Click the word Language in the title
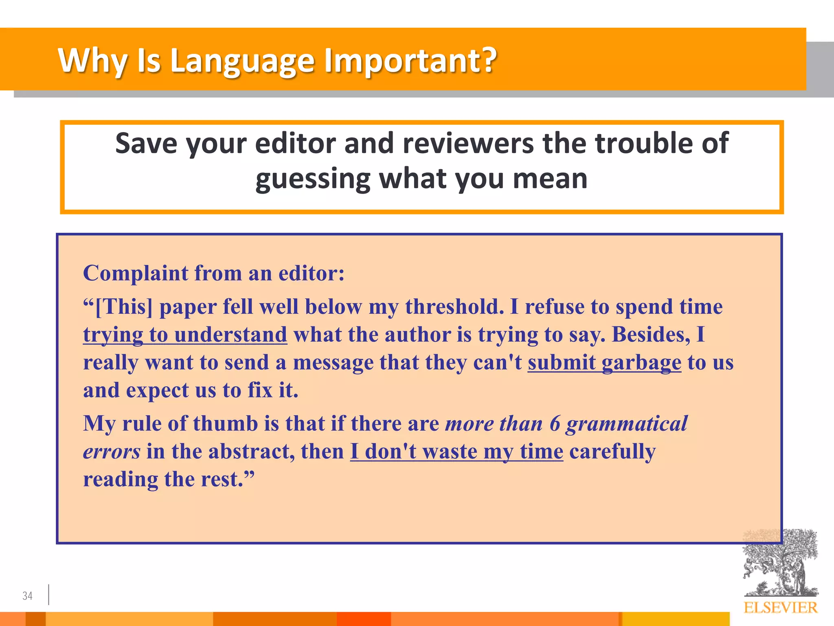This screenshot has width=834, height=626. (x=242, y=61)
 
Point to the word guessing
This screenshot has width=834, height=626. (x=313, y=179)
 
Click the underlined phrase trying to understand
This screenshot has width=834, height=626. (x=185, y=335)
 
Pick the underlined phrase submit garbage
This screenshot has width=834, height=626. (x=604, y=363)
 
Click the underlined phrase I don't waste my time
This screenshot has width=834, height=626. (x=457, y=452)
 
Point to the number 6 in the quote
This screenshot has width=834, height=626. (x=555, y=424)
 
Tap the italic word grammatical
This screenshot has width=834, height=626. (x=627, y=424)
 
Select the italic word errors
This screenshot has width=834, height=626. (x=112, y=452)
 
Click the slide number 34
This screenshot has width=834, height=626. (x=27, y=596)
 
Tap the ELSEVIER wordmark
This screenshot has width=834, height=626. (x=780, y=608)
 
